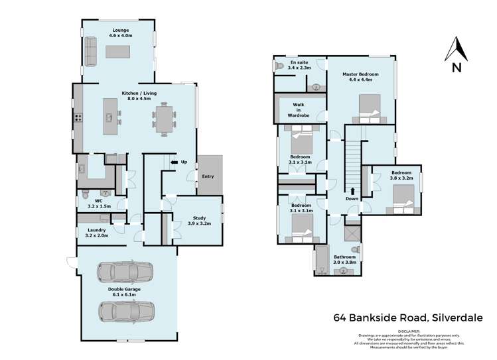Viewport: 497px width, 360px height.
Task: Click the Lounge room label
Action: click(x=119, y=30)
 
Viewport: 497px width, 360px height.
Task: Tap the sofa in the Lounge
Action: click(x=91, y=52)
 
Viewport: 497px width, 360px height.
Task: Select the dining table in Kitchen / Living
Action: click(x=165, y=119)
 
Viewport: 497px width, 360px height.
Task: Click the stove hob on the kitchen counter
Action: click(x=78, y=119)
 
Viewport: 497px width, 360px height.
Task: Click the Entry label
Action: click(x=208, y=176)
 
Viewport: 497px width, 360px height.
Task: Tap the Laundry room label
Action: click(x=97, y=230)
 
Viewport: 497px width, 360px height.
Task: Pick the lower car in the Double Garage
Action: click(x=126, y=310)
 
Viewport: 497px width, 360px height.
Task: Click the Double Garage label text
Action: click(x=125, y=288)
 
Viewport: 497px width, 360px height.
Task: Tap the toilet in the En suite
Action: click(x=280, y=66)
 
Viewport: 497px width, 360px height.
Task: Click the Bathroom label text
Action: click(x=345, y=257)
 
